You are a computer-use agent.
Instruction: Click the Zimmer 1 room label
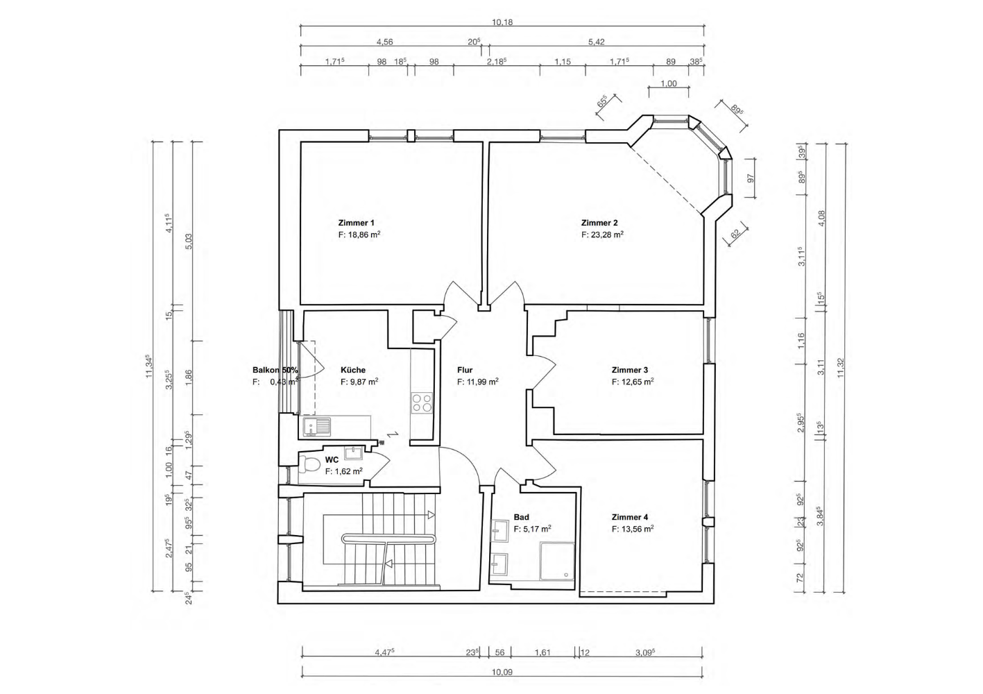coord(356,223)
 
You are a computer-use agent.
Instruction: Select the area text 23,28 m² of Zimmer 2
coord(608,235)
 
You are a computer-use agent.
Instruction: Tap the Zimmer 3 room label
coord(630,370)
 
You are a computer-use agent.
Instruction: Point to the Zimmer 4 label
coord(630,517)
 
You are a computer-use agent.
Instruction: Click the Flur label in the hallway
coord(465,370)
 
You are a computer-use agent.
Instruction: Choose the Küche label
coord(353,370)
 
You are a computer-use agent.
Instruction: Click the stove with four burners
coord(422,403)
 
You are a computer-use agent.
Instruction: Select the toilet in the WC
coord(309,464)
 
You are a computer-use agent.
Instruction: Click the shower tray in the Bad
coord(557,561)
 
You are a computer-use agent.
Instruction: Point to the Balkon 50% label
coord(275,370)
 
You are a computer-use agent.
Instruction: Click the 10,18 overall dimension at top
coord(502,22)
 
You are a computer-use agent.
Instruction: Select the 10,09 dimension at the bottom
coord(502,672)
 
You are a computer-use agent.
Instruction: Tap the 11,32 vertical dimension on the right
coord(840,368)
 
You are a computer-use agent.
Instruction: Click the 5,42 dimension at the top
coord(597,42)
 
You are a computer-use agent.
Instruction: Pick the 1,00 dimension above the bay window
coord(669,83)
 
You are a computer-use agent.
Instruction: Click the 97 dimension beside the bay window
coord(751,178)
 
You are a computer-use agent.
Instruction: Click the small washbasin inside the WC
coord(353,452)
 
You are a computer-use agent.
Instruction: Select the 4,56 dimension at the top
coord(385,42)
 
